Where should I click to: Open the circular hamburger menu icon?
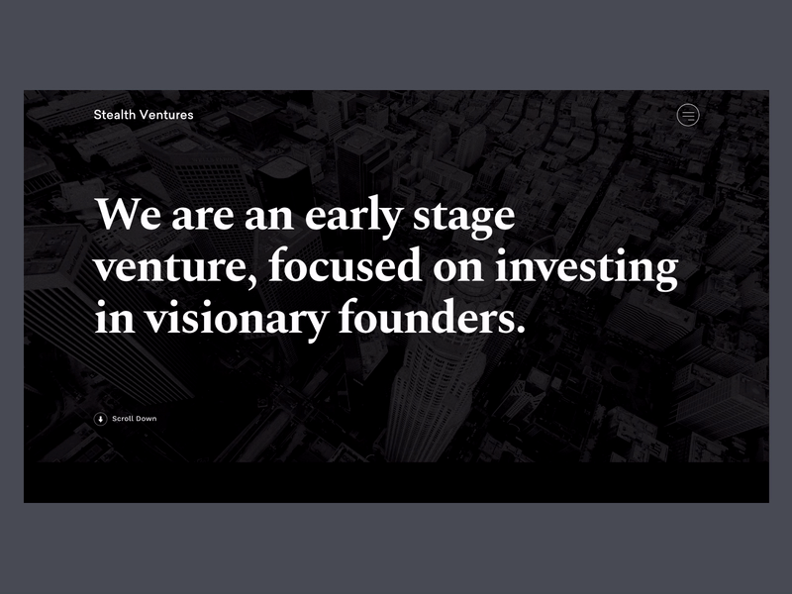(687, 116)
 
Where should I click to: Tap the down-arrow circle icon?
(100, 419)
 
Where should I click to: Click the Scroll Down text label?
(135, 419)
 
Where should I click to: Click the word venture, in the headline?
(173, 269)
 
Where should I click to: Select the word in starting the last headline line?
(112, 319)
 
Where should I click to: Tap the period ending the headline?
(513, 331)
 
